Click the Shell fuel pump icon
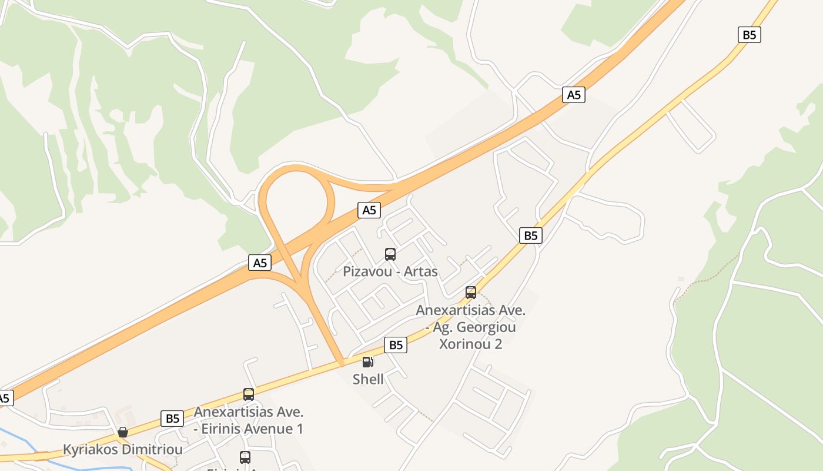(x=367, y=361)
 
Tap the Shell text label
(x=368, y=379)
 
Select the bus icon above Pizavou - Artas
(x=390, y=254)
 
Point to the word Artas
(x=421, y=271)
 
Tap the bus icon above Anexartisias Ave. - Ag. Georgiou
(x=470, y=292)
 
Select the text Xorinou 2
(x=470, y=344)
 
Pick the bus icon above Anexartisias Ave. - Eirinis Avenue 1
(x=249, y=394)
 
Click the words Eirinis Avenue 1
(x=252, y=429)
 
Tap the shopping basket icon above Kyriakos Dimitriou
(x=122, y=433)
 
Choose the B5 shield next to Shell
(x=396, y=345)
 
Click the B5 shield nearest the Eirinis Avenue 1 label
(x=172, y=419)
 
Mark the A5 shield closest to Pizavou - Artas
(x=369, y=210)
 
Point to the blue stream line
(x=18, y=440)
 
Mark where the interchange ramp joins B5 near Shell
(x=340, y=364)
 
